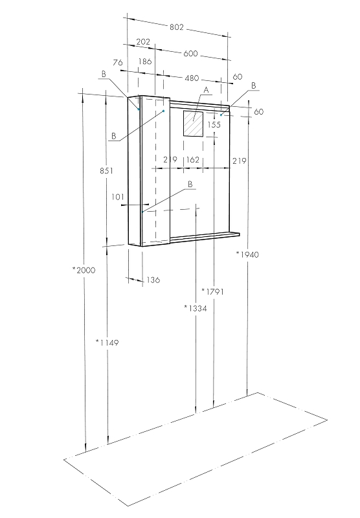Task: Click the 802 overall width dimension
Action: coord(177,28)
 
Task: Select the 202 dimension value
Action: coord(143,42)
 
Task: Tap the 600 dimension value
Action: coord(190,54)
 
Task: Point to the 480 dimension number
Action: coord(192,78)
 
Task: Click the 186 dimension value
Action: coord(145,62)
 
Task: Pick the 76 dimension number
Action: coord(117,62)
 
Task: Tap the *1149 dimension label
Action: coord(107,342)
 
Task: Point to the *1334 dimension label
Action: coord(195,308)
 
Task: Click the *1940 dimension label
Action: coord(247,254)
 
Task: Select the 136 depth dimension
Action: coord(153,280)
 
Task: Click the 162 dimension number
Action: coord(192,160)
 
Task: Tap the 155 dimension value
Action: coord(214,124)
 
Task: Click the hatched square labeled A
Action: coord(193,123)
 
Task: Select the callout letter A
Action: coord(206,90)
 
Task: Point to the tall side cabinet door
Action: coord(155,172)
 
